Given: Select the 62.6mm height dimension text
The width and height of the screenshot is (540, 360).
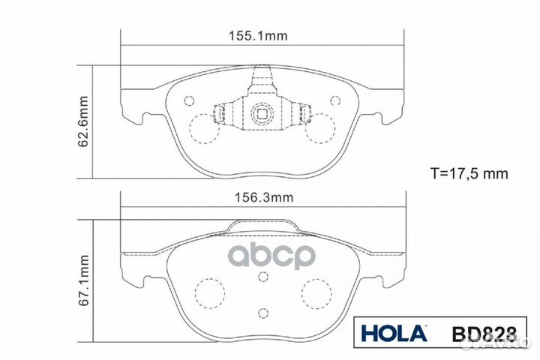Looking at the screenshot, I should click(x=85, y=121).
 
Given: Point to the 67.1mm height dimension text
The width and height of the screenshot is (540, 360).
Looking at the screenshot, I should click(x=85, y=280).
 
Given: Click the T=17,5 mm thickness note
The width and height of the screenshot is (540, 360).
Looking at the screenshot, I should click(x=469, y=173).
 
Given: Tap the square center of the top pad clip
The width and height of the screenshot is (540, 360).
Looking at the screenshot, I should click(x=262, y=115).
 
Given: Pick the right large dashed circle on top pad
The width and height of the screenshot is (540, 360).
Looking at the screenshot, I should click(x=322, y=128).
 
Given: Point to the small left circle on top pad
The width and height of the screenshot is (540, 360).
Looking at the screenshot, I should click(x=190, y=100).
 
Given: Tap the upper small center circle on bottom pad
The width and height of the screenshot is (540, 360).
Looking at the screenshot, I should click(x=262, y=276).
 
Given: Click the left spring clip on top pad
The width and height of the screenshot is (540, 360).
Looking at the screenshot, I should click(x=220, y=115).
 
